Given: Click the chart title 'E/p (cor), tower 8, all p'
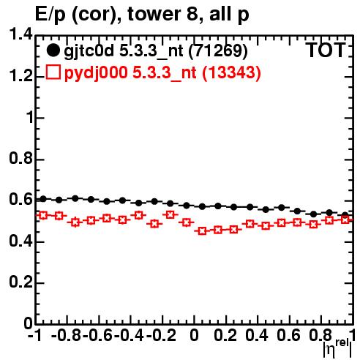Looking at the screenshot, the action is [142, 14].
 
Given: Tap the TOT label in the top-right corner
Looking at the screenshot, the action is [326, 50].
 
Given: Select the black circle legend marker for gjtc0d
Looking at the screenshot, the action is [53, 50].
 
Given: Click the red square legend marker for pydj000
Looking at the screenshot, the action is [53, 72].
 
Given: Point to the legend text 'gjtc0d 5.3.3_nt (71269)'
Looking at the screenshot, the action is [156, 51].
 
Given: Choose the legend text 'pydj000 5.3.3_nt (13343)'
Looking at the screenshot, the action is [162, 73].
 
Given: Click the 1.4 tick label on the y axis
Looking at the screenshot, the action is [20, 34].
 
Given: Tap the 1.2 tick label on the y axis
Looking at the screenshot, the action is [20, 76].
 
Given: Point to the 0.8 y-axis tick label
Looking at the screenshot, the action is [20, 158].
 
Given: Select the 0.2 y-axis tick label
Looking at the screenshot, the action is [20, 282].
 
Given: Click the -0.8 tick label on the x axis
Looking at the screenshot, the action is [67, 335].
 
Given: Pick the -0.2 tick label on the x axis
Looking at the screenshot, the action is [161, 335].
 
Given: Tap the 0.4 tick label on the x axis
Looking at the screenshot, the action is [257, 335].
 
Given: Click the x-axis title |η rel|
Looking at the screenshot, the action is [337, 349].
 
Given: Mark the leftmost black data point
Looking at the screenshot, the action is [43, 199].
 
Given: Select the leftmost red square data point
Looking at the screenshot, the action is [43, 215].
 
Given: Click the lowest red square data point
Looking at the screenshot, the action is [202, 231].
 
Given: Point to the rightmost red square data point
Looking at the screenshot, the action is [345, 220].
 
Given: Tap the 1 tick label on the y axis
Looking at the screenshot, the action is [30, 117].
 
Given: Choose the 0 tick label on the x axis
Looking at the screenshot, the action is [194, 335].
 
